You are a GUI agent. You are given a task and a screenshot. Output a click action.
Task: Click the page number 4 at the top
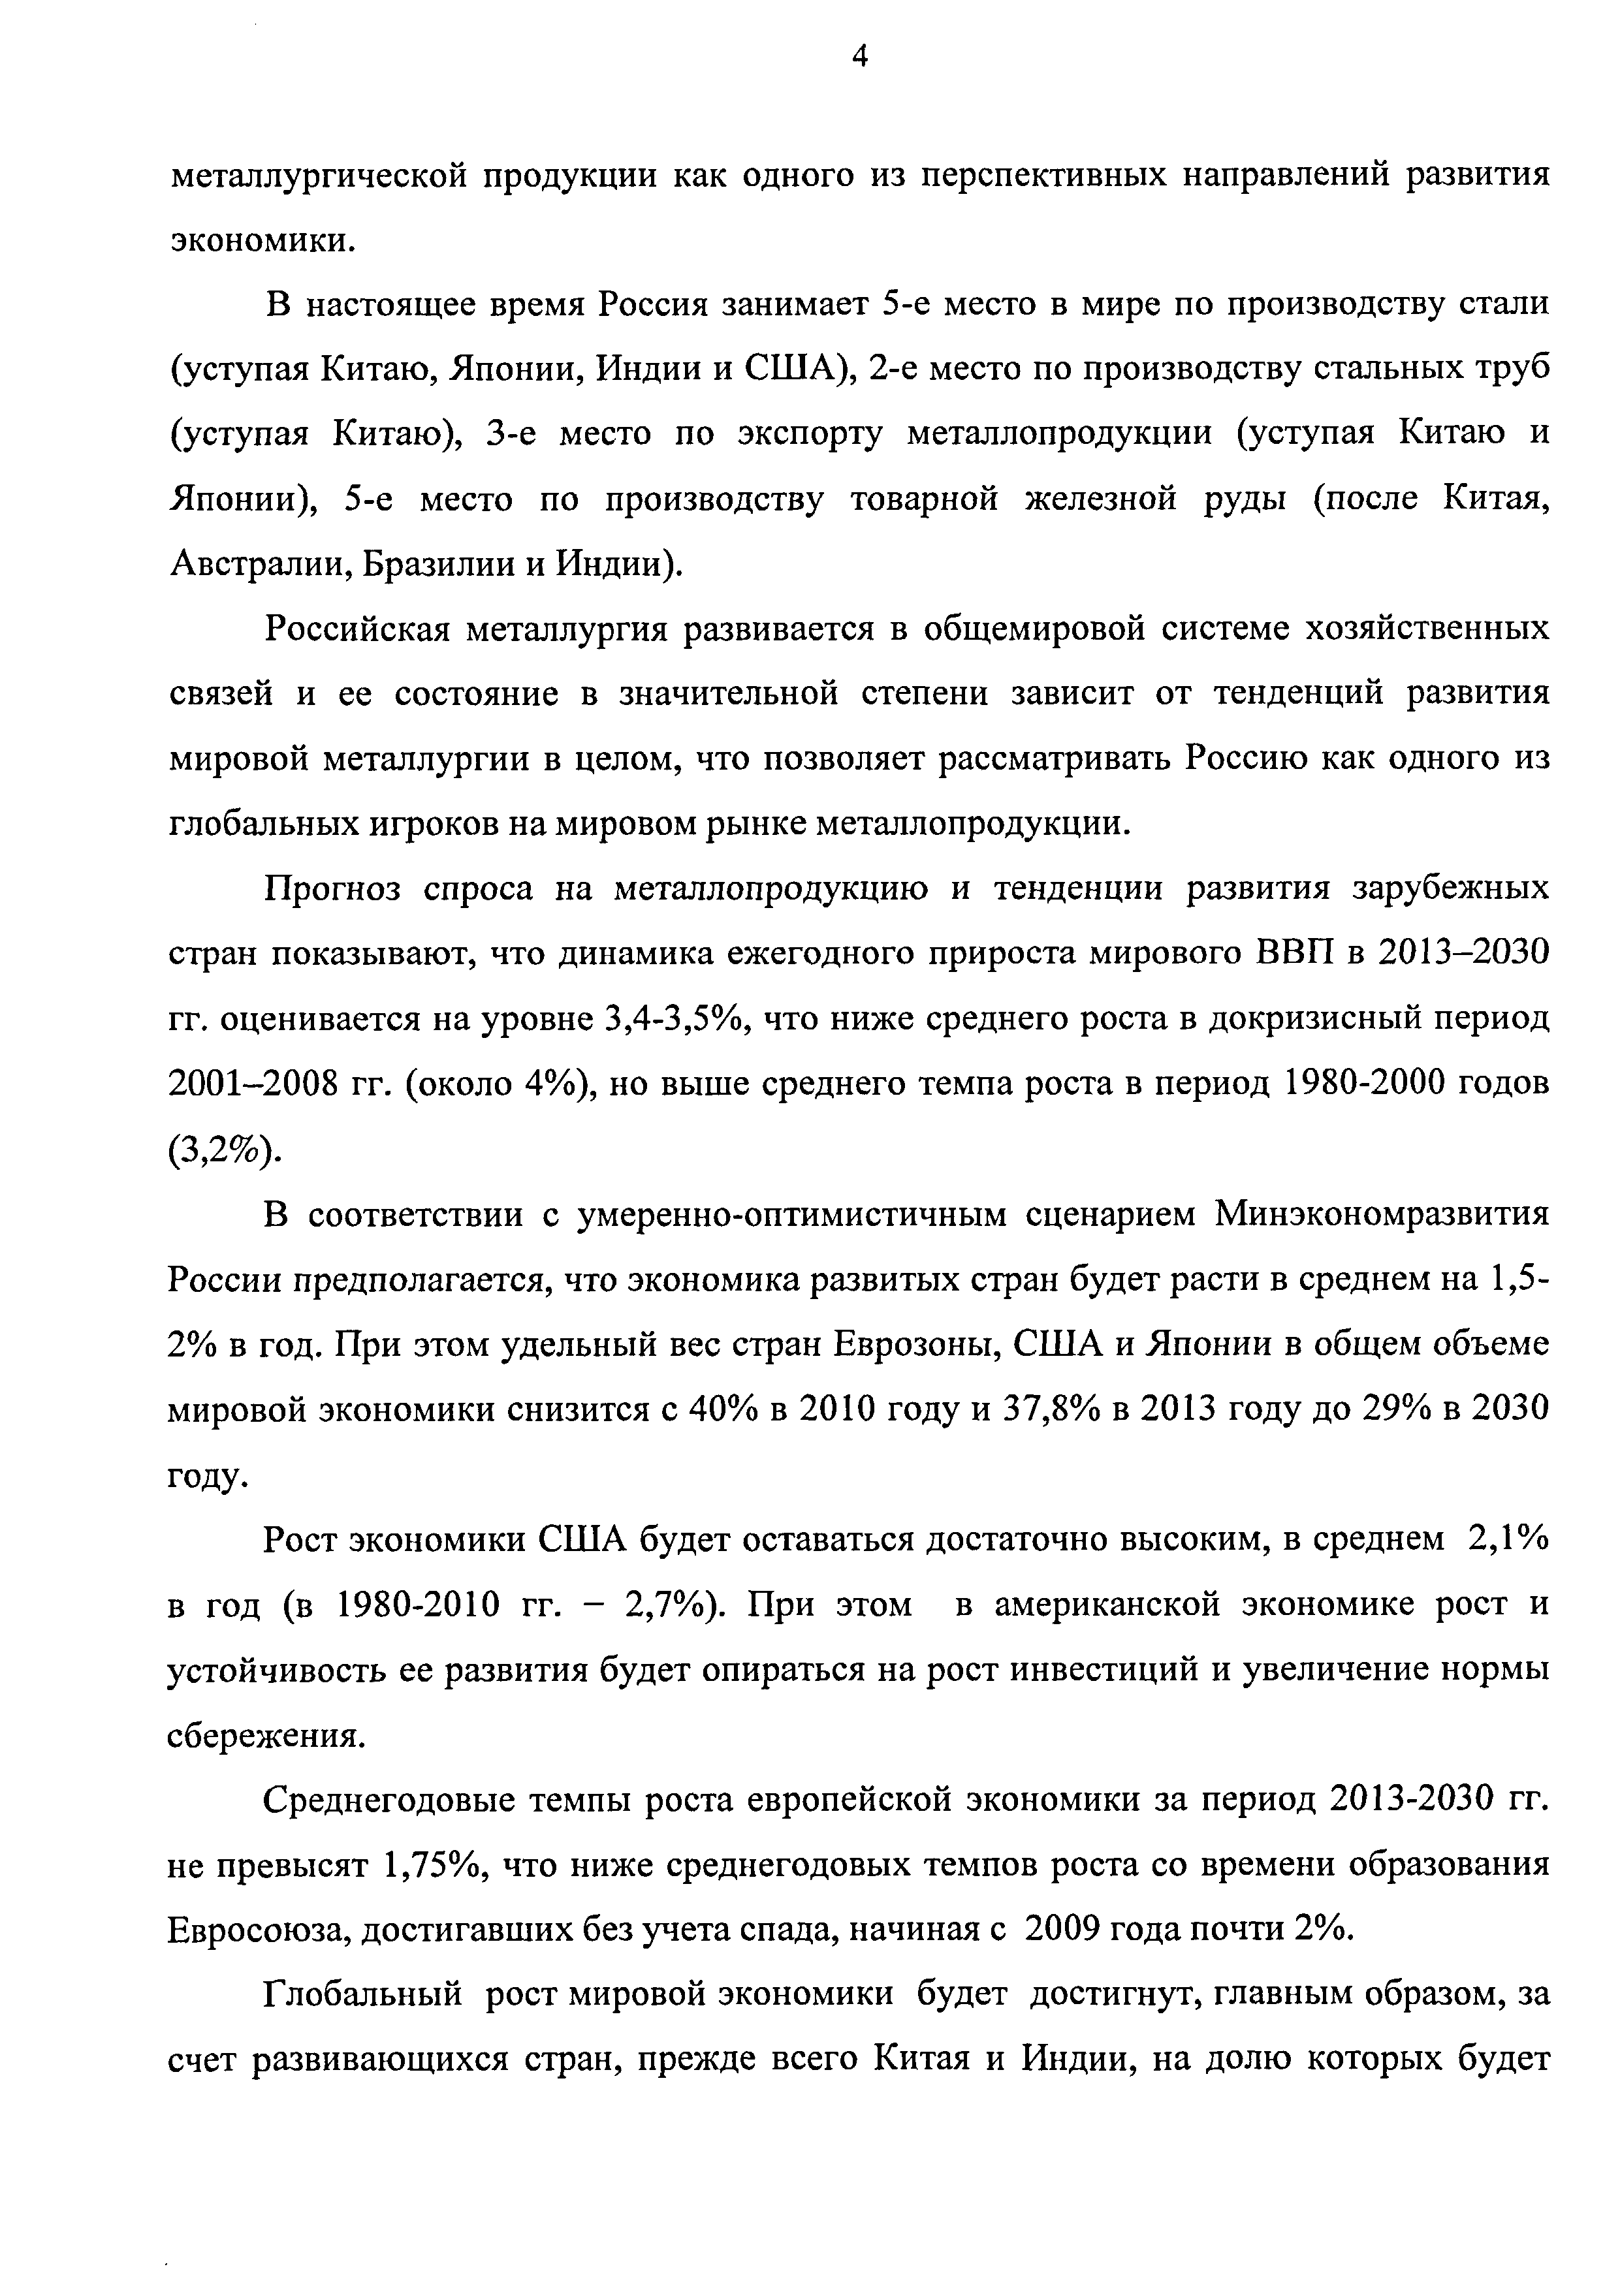coord(860,58)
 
